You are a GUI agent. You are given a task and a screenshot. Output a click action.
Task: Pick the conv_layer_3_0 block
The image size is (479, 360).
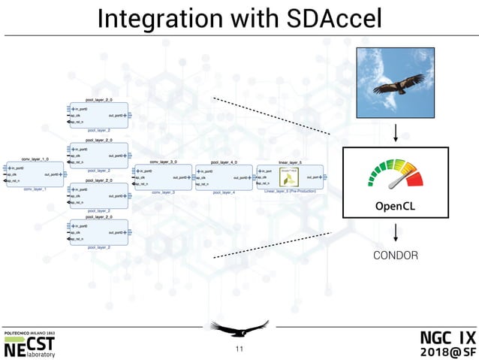pos(163,178)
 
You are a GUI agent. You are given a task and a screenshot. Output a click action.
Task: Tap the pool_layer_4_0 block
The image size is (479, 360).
pos(224,178)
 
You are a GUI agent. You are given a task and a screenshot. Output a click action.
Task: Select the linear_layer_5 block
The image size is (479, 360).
pos(290,177)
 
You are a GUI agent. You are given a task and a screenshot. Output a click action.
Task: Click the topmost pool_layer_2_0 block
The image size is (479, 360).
pos(98,116)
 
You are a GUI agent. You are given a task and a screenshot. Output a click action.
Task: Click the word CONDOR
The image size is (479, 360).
pos(395,256)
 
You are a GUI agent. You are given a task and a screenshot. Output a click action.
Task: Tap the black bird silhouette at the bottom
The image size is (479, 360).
pos(239,328)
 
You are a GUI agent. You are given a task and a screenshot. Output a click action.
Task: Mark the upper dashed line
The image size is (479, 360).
pos(270,116)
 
